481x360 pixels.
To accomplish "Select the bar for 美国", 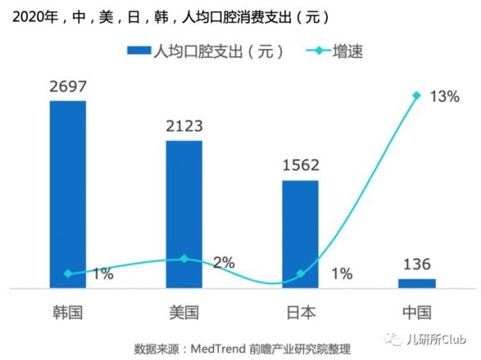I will [x=184, y=213].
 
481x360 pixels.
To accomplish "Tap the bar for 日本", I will [x=300, y=233].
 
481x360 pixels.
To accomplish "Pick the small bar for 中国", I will [x=417, y=283].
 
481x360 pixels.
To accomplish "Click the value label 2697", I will [x=67, y=87].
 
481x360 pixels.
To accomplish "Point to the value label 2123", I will [x=184, y=126].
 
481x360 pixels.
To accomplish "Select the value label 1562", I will [x=301, y=166].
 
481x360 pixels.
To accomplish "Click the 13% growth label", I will [x=443, y=97].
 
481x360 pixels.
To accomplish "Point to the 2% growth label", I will [x=224, y=262].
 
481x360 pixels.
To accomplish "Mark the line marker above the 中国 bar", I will [x=417, y=95].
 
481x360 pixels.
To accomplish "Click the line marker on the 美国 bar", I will [x=184, y=259].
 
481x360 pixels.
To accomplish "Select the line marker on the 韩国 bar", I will [x=67, y=273].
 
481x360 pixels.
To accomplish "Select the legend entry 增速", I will [x=346, y=51].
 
